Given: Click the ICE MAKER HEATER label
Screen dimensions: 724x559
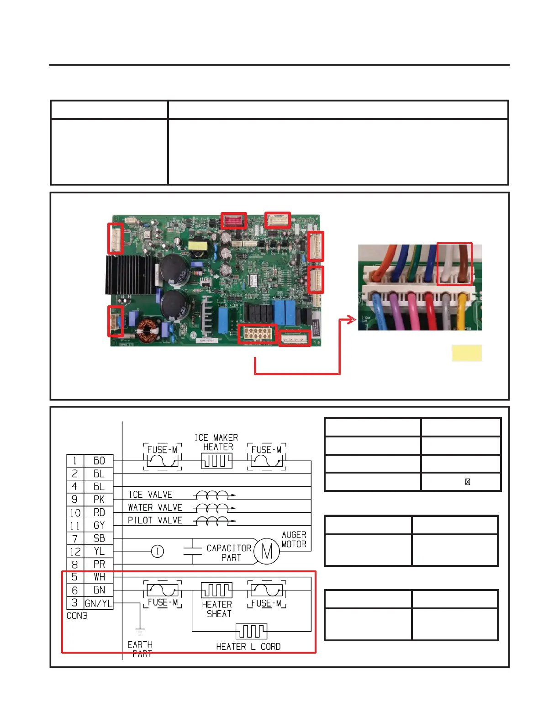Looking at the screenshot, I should [x=217, y=442].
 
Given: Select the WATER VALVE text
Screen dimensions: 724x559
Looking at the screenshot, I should [x=155, y=507].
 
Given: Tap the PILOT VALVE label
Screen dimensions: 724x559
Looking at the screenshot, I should [x=155, y=520].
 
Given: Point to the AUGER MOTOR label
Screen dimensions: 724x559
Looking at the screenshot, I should [x=294, y=539].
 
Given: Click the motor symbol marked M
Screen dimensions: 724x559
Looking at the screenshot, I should [x=267, y=551].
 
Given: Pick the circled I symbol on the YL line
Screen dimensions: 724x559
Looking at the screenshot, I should [x=158, y=551].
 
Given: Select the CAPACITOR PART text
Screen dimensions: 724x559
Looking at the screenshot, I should [x=229, y=553].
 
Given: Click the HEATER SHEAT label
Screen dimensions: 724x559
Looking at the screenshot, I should [x=217, y=609].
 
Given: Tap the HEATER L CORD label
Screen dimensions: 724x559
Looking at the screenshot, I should [x=248, y=646].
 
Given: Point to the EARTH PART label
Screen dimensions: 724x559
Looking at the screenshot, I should [x=141, y=649].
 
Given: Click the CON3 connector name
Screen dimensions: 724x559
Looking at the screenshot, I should [x=77, y=616].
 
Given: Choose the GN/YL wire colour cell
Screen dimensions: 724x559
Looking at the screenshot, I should [x=99, y=603].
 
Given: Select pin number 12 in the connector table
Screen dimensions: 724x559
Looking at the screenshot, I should [x=75, y=552].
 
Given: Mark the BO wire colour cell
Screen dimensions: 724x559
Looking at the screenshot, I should [x=99, y=461].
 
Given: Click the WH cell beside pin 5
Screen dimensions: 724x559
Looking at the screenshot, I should [x=99, y=577].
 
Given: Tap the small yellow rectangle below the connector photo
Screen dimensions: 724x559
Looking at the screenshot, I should [x=467, y=353].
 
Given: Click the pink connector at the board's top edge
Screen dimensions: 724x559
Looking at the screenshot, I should [x=233, y=221].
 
